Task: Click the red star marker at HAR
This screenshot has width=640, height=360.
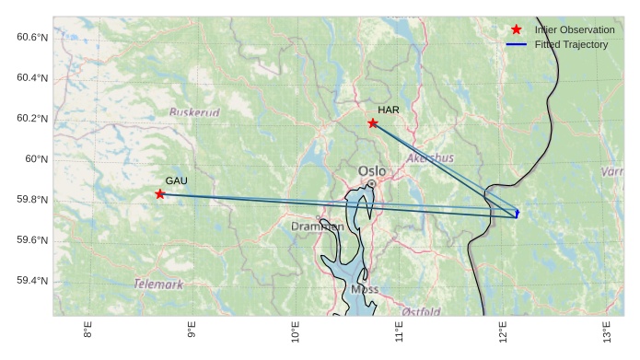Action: [373, 123]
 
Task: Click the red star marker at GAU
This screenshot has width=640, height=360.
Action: [160, 194]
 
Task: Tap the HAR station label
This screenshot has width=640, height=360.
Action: [388, 110]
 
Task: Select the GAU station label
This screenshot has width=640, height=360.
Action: [176, 180]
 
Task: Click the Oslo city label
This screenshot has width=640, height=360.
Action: [372, 170]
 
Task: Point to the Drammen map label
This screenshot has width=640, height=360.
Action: [317, 226]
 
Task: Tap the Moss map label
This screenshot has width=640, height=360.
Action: [365, 289]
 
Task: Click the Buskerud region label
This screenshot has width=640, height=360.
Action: [194, 112]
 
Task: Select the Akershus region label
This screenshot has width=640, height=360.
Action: [429, 158]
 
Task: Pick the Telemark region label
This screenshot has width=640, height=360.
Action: [158, 285]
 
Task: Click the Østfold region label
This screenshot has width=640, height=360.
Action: [421, 311]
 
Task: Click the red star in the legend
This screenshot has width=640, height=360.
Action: [516, 30]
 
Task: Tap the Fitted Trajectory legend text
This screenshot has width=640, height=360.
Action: [571, 44]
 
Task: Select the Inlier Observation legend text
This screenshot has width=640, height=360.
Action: [575, 30]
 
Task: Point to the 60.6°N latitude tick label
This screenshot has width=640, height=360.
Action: [32, 37]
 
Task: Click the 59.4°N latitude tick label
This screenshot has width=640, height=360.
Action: [32, 281]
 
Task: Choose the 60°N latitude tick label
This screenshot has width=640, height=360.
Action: [36, 159]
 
